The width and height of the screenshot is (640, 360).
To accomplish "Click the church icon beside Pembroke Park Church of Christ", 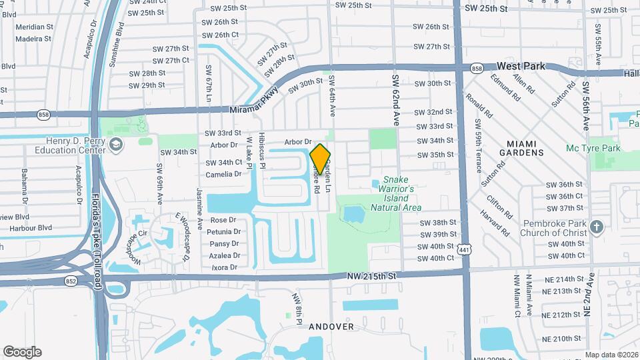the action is pyautogui.click(x=597, y=227).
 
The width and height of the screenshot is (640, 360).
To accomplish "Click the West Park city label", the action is pyautogui.click(x=521, y=67).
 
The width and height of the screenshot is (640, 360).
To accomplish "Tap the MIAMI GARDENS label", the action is pyautogui.click(x=530, y=148).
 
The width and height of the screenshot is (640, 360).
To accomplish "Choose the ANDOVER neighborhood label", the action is pyautogui.click(x=331, y=327).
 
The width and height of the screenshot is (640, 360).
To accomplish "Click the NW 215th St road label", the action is pyautogui.click(x=372, y=275).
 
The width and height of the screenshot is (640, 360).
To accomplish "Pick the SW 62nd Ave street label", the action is pyautogui.click(x=396, y=101).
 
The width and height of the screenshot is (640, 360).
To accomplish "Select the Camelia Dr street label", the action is pyautogui.click(x=224, y=174).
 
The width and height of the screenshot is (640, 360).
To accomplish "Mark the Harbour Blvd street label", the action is pyautogui.click(x=27, y=228).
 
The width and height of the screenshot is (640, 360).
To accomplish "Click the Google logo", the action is pyautogui.click(x=23, y=351).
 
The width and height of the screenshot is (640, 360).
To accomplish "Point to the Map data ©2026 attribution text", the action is pyautogui.click(x=611, y=355).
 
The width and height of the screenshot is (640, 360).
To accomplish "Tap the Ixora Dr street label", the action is pyautogui.click(x=224, y=267).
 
